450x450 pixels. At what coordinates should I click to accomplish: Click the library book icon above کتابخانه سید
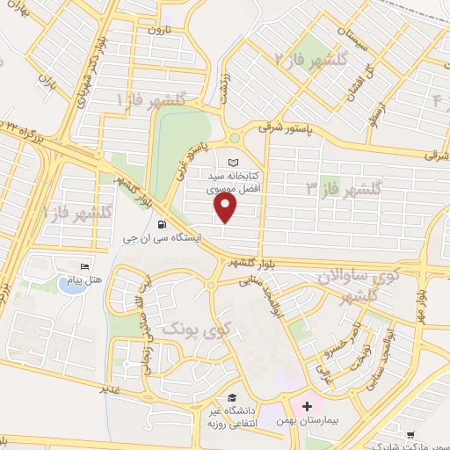[x=233, y=163]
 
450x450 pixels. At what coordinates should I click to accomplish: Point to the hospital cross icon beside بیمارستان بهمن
[x=307, y=406]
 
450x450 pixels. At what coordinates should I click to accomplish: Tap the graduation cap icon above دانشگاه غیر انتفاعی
[x=232, y=396]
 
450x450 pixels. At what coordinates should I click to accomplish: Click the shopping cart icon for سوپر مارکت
[x=410, y=434]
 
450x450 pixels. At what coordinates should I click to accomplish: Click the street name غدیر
[x=109, y=387]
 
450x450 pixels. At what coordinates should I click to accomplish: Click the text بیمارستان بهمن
[x=259, y=421]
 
